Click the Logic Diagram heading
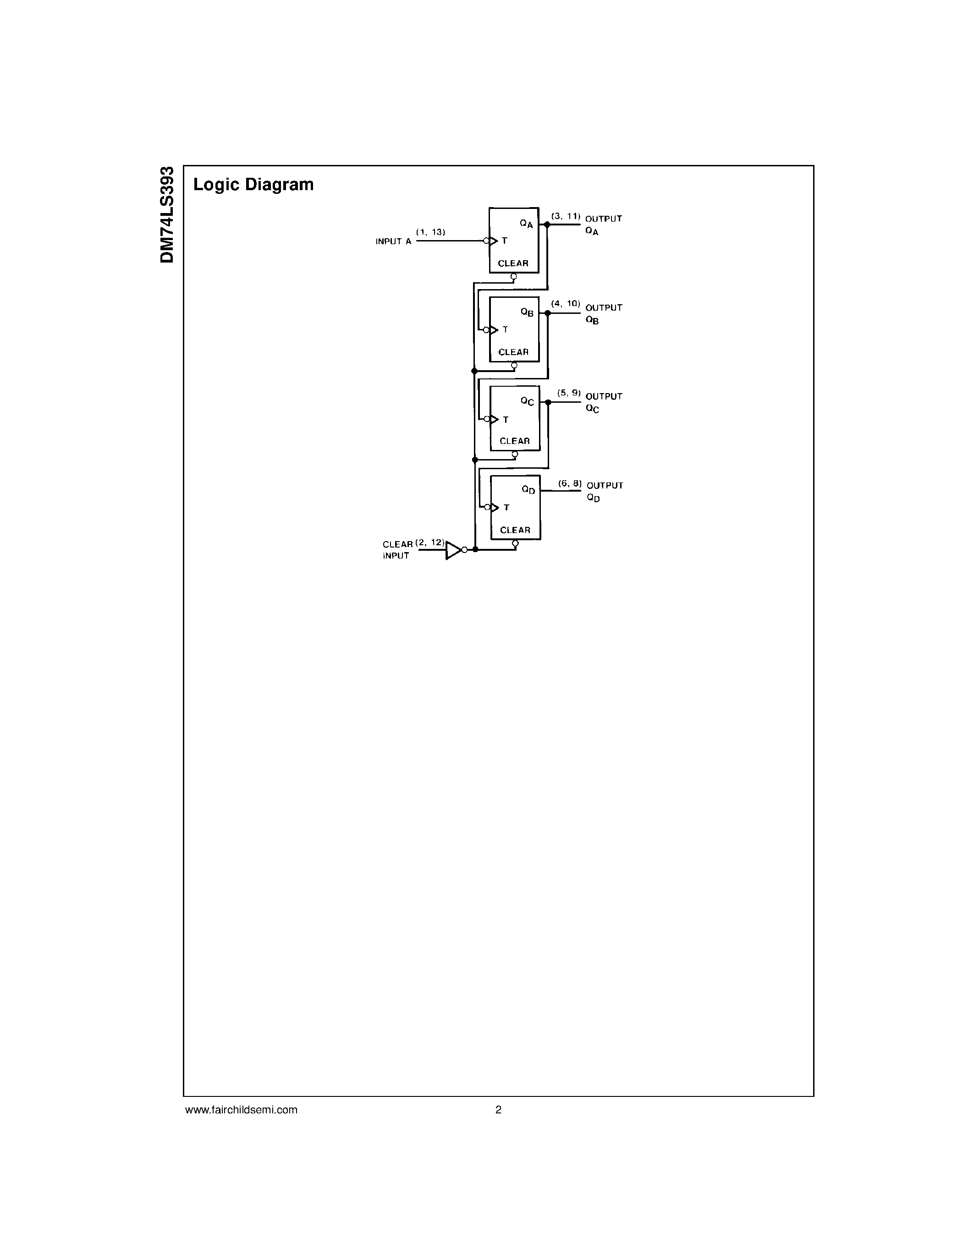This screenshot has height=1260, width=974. point(253,185)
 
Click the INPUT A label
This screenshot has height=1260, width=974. point(394,242)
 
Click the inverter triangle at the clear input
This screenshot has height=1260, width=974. point(453,550)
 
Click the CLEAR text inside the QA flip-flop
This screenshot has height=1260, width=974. point(513,263)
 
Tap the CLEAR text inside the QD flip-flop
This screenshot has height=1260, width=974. point(515,530)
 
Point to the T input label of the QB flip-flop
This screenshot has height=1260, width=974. point(505,329)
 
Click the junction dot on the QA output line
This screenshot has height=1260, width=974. point(547,225)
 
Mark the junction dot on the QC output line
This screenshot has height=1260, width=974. point(548,402)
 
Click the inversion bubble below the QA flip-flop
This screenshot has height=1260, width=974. point(513,277)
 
